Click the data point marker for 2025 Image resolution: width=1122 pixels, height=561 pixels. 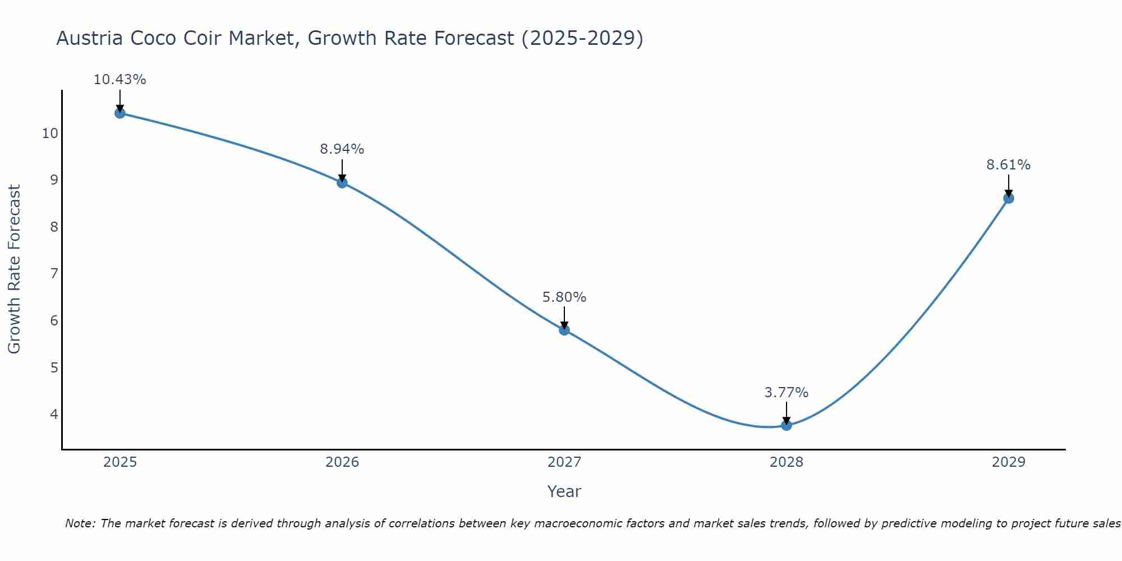(x=119, y=113)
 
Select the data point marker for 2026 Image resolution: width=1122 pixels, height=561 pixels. (x=342, y=183)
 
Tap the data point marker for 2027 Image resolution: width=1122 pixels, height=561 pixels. (x=564, y=330)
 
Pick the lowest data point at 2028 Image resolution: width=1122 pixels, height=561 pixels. (x=787, y=425)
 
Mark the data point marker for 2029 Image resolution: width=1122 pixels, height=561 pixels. (x=1009, y=198)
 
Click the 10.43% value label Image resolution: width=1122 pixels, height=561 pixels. (x=119, y=80)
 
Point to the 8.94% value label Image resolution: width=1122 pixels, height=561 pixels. (x=342, y=149)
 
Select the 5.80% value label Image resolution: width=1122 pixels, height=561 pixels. (x=564, y=297)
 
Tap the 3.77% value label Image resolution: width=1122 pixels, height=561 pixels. (x=787, y=393)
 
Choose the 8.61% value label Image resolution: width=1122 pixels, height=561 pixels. (x=1009, y=165)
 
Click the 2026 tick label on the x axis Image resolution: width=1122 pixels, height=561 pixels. (x=342, y=462)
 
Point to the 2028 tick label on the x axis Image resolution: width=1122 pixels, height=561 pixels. (x=787, y=462)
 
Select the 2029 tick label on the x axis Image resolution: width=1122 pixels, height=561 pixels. (x=1009, y=462)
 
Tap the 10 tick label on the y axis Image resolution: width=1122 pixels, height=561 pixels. (x=50, y=134)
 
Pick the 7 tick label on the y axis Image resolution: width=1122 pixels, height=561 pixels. (x=54, y=274)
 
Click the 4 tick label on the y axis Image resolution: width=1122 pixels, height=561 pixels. (x=54, y=415)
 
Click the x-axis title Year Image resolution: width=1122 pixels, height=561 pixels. (x=564, y=491)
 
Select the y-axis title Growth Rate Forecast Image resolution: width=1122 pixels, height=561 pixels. (x=15, y=269)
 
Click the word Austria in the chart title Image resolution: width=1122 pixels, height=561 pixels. (x=90, y=39)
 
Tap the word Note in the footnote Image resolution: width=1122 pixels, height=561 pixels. (x=80, y=523)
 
